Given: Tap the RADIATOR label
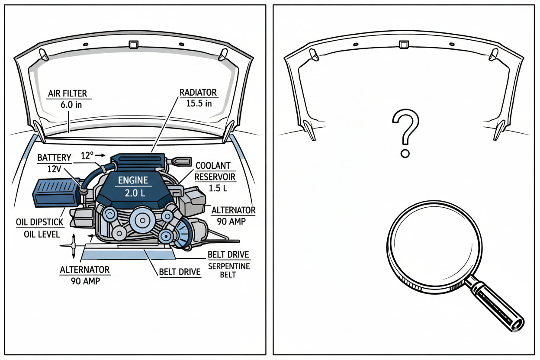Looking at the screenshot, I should [199, 93].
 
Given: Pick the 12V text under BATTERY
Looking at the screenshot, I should [54, 169].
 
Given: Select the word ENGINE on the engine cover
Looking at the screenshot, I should [132, 180].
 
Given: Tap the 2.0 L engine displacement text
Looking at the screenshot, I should [132, 193].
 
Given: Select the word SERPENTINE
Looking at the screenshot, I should [229, 266].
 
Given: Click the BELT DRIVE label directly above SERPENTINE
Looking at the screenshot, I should [228, 254].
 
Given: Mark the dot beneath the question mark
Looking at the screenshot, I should [405, 154].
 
